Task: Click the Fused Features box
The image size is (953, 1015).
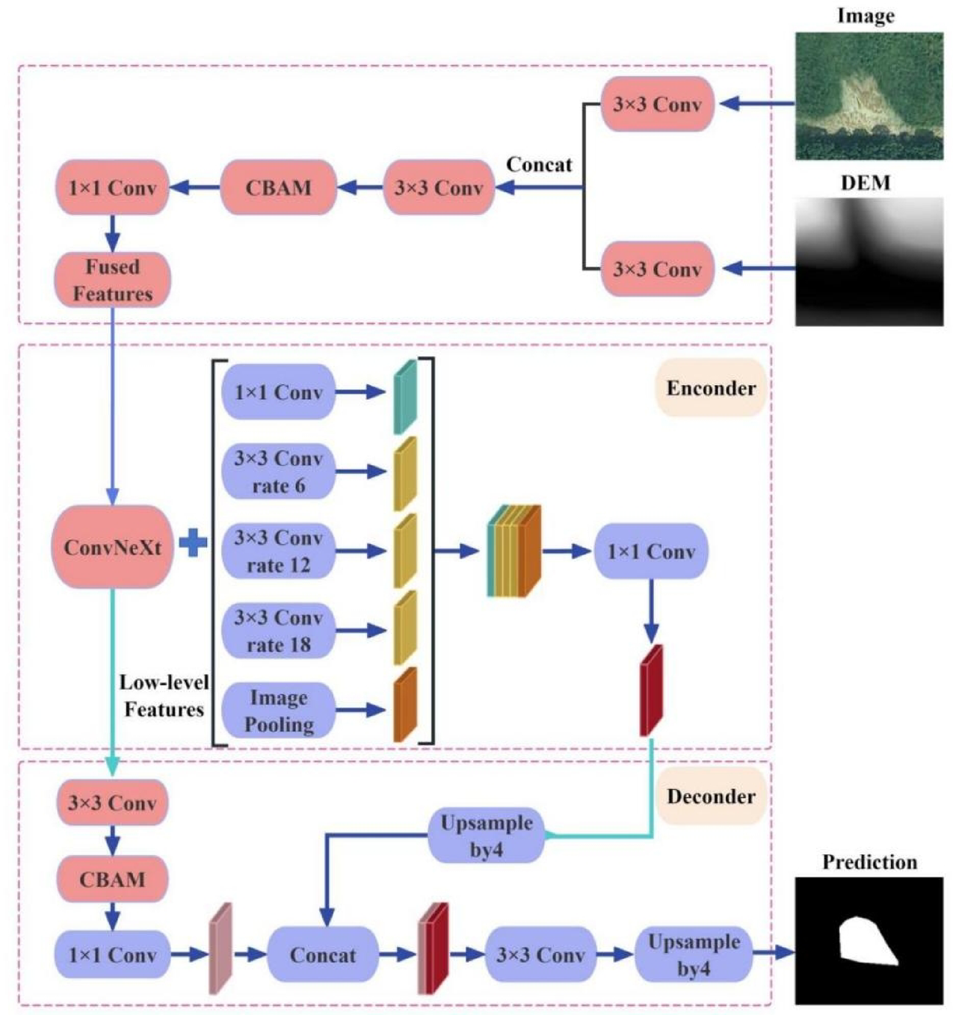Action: (x=112, y=280)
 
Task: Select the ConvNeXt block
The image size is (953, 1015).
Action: (x=112, y=547)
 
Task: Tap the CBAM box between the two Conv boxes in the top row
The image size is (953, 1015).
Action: (x=278, y=188)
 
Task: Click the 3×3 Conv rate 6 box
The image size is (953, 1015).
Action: (x=278, y=472)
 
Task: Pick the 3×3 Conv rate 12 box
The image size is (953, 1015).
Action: (x=278, y=552)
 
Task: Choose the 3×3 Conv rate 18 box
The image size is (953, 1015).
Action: (x=278, y=631)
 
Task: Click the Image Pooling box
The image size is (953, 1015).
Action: (x=278, y=710)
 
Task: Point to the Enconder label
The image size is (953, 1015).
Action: (x=710, y=388)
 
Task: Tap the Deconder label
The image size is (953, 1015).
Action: (x=710, y=796)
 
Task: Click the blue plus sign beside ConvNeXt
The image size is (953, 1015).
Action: (x=193, y=543)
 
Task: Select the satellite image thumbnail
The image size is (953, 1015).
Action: (x=869, y=96)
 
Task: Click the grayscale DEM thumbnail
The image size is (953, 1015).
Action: (x=869, y=262)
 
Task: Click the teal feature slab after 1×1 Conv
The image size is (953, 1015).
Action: (x=404, y=397)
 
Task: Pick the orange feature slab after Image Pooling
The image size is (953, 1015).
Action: (x=404, y=705)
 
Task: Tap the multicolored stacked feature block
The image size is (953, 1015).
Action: (x=513, y=552)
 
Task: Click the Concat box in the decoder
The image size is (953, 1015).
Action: (x=322, y=955)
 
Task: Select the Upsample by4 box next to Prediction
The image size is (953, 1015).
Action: (x=693, y=955)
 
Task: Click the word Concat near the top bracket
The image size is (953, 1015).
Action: (x=539, y=164)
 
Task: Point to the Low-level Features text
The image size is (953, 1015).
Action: (x=164, y=696)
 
